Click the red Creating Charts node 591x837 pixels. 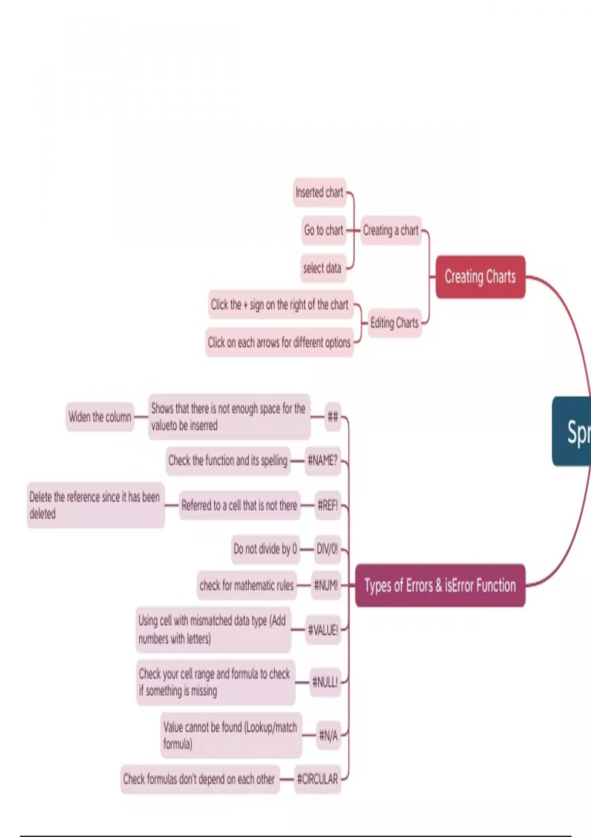(x=480, y=277)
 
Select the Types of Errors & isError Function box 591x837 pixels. (x=440, y=585)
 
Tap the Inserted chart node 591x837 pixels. (x=320, y=192)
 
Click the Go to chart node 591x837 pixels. (x=324, y=230)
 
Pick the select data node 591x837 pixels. (x=322, y=268)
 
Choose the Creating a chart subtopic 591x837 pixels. (x=391, y=230)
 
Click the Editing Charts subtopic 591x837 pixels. (x=394, y=323)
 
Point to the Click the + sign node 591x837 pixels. (x=280, y=305)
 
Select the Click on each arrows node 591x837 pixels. (x=279, y=342)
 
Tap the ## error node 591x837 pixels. (x=333, y=417)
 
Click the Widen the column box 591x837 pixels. (x=100, y=417)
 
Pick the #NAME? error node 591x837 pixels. (x=323, y=461)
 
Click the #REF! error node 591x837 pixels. (x=328, y=505)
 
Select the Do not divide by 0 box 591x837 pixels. (x=265, y=549)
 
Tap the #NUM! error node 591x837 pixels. (x=326, y=585)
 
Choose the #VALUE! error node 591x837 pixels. (x=323, y=630)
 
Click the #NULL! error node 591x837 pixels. (x=325, y=682)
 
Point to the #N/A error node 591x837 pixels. (x=328, y=736)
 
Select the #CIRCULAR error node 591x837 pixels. (x=318, y=779)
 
